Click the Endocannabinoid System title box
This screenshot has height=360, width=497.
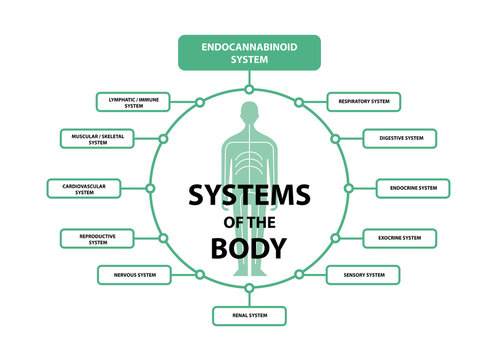pyautogui.click(x=249, y=52)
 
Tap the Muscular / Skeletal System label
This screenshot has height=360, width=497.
pyautogui.click(x=97, y=138)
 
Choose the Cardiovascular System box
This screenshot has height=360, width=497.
pyautogui.click(x=84, y=188)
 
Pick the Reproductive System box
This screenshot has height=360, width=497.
pyautogui.click(x=98, y=238)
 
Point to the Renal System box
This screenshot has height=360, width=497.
pyautogui.click(x=249, y=316)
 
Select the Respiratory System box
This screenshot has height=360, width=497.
pyautogui.click(x=364, y=102)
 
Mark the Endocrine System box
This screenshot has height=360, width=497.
pyautogui.click(x=413, y=188)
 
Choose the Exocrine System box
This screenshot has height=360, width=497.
pyautogui.click(x=399, y=238)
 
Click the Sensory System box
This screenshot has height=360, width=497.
pyautogui.click(x=363, y=274)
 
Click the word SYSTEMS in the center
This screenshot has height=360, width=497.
pyautogui.click(x=249, y=194)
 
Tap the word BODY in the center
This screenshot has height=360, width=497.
pyautogui.click(x=249, y=246)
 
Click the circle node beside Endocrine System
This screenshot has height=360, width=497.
pyautogui.click(x=348, y=188)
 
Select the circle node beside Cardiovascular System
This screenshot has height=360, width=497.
pyautogui.click(x=150, y=188)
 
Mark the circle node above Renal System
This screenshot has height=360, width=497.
pyautogui.click(x=249, y=287)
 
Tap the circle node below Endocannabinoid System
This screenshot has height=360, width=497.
pyautogui.click(x=249, y=89)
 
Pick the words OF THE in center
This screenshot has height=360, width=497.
pyautogui.click(x=249, y=221)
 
